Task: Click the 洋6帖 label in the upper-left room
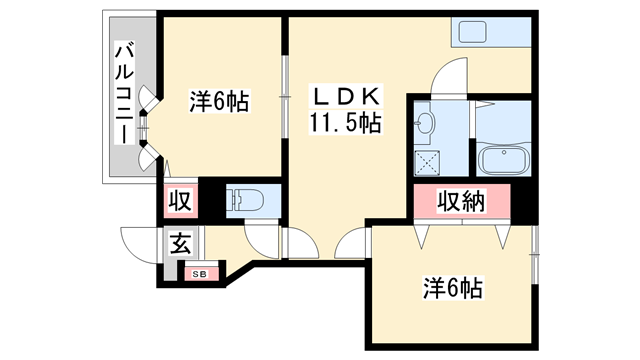point(219,101)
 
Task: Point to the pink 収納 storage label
point(462,202)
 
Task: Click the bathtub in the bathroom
point(508,161)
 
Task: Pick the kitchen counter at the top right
point(494,34)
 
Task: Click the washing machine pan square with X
point(430,161)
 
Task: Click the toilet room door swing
point(262,236)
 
